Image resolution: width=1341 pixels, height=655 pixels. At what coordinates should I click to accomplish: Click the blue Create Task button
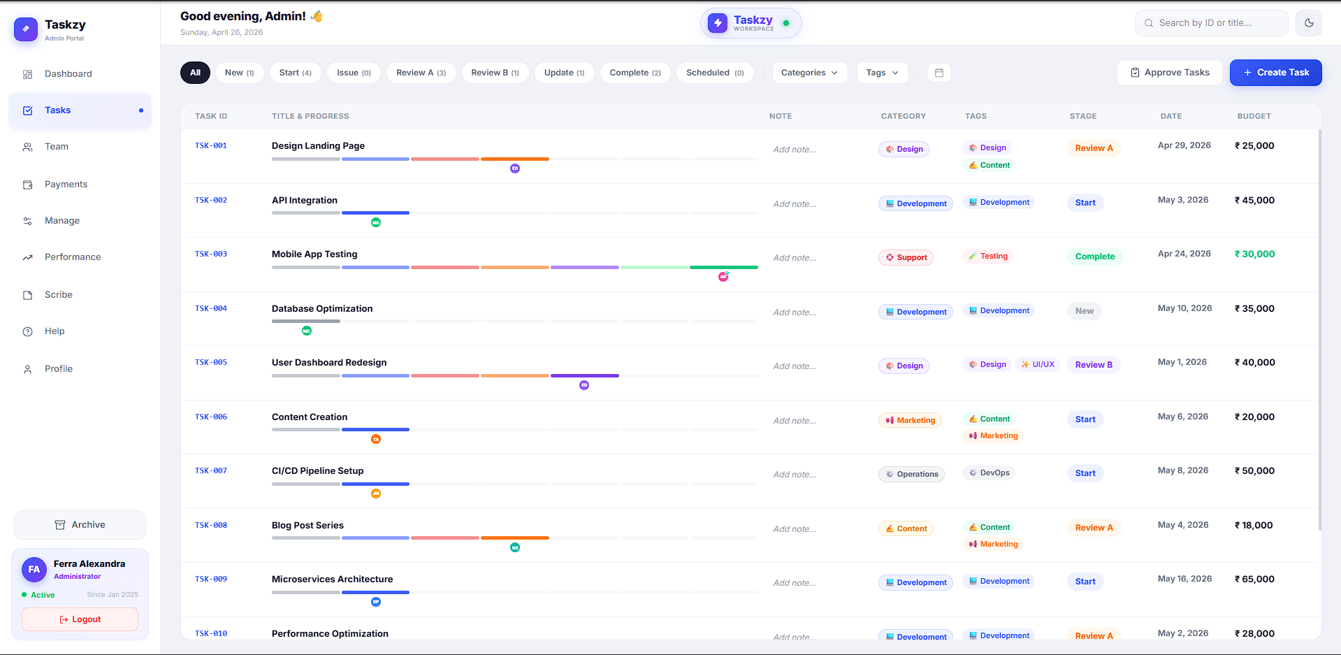1275,73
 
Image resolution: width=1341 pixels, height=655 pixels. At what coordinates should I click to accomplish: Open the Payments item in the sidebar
66,185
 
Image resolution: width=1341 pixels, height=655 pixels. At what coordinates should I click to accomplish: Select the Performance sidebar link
73,257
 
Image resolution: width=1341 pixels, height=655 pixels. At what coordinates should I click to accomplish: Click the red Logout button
80,619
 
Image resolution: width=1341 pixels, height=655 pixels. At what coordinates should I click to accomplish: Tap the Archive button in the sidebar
80,525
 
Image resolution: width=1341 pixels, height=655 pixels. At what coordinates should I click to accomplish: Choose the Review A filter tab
421,73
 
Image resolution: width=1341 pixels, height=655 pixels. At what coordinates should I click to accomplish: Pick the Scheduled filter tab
715,73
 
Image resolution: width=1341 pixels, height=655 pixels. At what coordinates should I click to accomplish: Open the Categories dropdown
809,73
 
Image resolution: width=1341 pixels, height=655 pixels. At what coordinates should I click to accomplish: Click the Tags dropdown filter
883,73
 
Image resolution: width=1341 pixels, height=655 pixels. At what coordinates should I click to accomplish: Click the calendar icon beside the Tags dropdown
939,73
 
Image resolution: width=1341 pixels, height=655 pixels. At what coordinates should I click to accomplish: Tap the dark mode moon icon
1309,23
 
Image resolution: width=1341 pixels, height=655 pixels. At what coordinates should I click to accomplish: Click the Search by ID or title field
1212,23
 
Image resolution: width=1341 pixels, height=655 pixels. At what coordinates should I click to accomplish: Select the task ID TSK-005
211,363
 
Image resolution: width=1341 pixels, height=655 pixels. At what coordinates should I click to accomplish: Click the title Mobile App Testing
314,254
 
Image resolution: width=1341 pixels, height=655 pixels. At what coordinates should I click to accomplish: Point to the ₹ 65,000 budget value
1254,580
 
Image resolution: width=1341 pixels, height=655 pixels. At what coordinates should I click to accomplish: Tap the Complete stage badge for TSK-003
1095,257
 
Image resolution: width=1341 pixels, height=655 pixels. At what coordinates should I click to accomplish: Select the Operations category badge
911,475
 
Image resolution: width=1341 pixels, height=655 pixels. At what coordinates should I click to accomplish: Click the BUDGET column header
1254,117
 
